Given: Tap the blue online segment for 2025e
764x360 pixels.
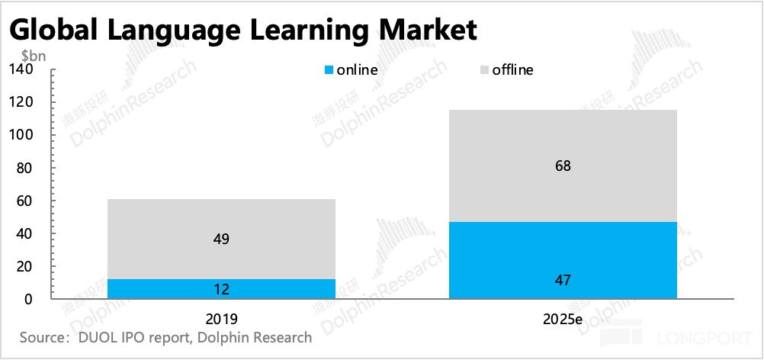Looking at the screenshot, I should point(563,260).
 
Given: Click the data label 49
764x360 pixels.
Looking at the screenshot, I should point(221,239).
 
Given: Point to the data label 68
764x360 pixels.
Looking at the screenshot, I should point(563,166).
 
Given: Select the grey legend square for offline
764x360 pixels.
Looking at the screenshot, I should point(483,70).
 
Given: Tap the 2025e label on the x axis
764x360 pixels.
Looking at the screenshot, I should point(563,318).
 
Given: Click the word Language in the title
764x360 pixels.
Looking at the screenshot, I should point(157,31).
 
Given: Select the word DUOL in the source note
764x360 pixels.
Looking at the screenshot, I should point(96,336).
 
